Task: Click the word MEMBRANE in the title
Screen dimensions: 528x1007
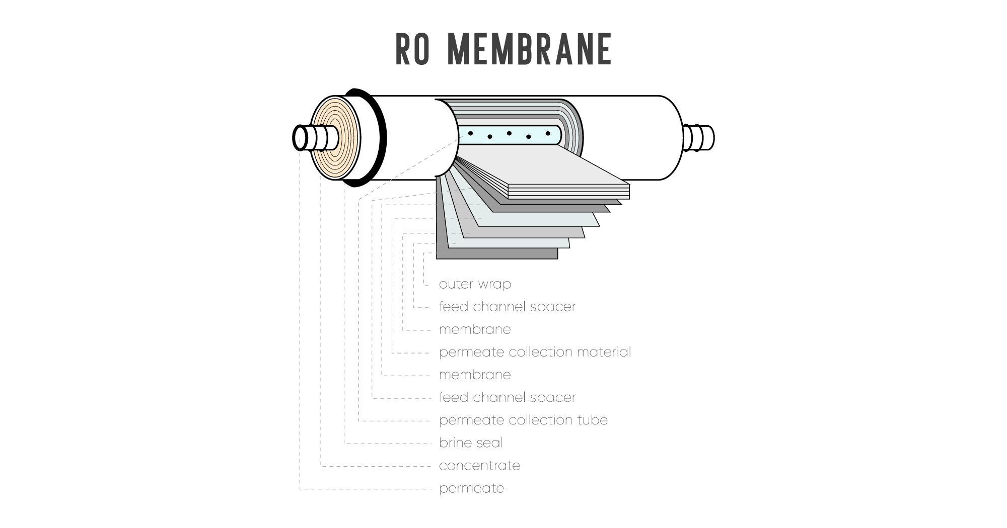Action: (x=529, y=49)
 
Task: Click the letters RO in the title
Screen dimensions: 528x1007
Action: (x=412, y=49)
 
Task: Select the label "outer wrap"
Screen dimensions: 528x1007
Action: (x=475, y=284)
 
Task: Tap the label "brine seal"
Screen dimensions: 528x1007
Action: (x=471, y=443)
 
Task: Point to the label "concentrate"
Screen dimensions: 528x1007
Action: (x=479, y=466)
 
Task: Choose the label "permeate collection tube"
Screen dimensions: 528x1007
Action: (x=523, y=420)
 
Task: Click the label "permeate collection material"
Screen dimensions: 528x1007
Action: (x=535, y=352)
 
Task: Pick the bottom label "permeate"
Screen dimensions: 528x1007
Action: (x=471, y=488)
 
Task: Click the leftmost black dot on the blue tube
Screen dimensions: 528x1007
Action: (x=470, y=133)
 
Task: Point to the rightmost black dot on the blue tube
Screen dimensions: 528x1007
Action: (x=548, y=133)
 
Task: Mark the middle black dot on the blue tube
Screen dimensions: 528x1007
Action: (x=509, y=133)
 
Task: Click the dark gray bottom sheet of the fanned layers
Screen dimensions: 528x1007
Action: (x=496, y=254)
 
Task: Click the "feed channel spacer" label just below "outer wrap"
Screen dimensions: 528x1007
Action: (x=507, y=307)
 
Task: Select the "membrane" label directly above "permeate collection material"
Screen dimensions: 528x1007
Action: (x=475, y=329)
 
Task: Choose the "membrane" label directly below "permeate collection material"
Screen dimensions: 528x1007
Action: (x=475, y=375)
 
